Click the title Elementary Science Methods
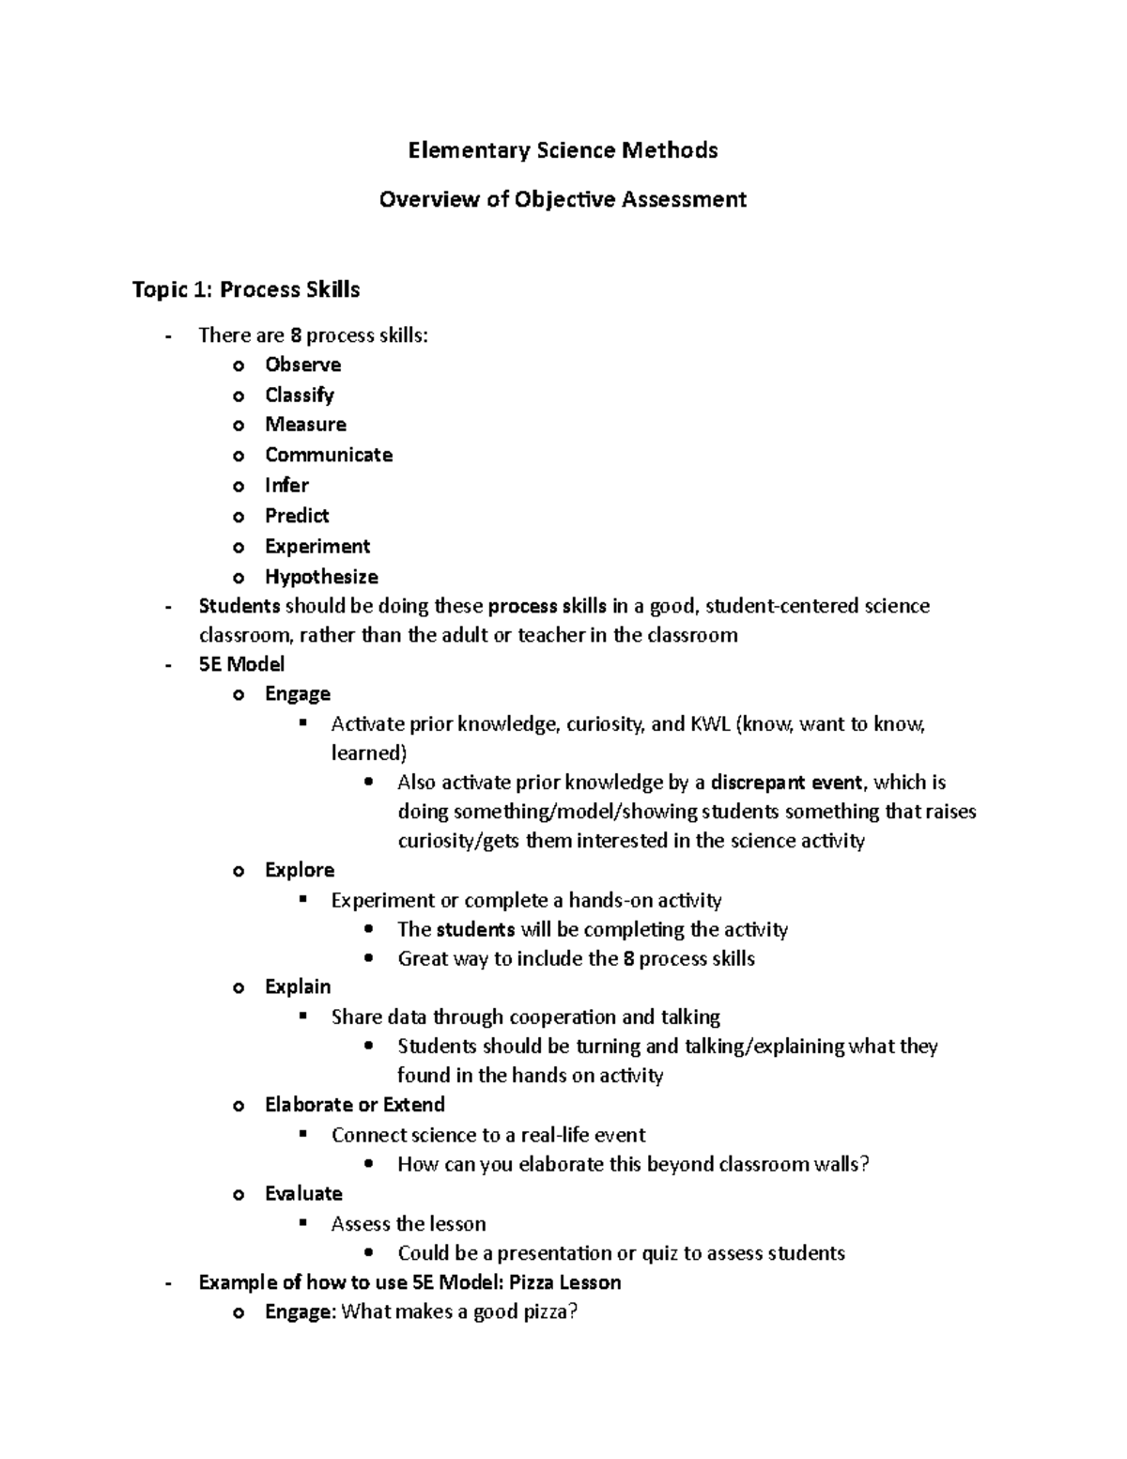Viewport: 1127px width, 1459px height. click(x=562, y=150)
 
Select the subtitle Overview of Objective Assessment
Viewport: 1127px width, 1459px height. click(x=562, y=199)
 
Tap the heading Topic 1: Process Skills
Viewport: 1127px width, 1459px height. click(x=246, y=289)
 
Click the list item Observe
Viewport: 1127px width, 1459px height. click(x=302, y=365)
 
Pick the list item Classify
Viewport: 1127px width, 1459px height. click(x=299, y=395)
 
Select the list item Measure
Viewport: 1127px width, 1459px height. click(x=305, y=425)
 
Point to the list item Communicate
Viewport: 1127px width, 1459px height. click(x=329, y=455)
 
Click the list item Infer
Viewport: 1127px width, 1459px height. click(x=286, y=485)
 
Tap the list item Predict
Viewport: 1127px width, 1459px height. click(x=297, y=516)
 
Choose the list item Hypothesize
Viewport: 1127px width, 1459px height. click(x=321, y=577)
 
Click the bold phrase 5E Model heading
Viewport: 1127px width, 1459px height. click(x=241, y=664)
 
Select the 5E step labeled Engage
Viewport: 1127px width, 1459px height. click(x=298, y=694)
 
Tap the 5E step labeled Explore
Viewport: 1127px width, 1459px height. click(x=300, y=870)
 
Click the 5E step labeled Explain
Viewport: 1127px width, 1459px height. click(x=298, y=986)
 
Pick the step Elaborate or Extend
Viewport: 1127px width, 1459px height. click(x=354, y=1105)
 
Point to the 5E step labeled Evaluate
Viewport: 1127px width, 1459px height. click(x=303, y=1194)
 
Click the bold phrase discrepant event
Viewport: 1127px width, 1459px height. click(x=785, y=783)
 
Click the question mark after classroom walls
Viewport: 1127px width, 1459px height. click(x=865, y=1165)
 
